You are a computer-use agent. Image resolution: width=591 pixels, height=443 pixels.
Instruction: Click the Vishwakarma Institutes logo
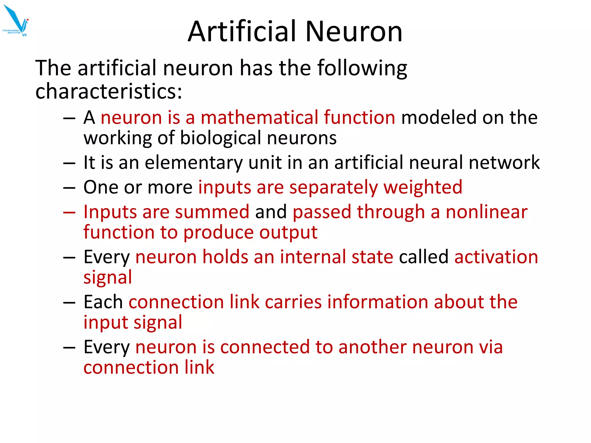(16, 21)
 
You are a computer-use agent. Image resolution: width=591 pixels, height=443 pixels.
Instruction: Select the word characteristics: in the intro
(109, 91)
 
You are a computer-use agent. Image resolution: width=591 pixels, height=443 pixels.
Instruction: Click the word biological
(221, 138)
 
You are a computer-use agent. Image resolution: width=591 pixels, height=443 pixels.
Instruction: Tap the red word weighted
(423, 187)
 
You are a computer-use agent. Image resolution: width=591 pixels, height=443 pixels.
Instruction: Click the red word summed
(212, 212)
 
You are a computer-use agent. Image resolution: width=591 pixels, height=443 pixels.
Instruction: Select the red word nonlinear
(487, 212)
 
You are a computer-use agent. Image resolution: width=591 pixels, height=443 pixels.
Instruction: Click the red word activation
(496, 257)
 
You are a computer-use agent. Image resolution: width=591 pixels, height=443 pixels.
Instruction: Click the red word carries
(293, 302)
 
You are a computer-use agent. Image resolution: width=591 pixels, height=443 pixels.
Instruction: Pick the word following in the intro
(362, 68)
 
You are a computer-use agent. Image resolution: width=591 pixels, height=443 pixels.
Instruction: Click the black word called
(423, 257)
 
